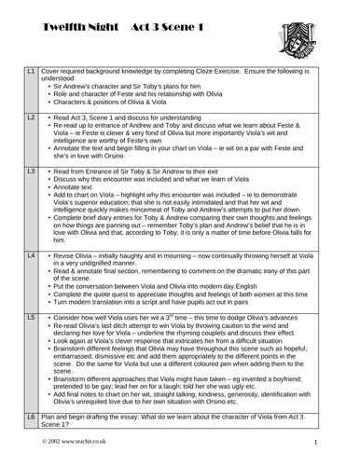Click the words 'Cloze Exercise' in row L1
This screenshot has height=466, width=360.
240,71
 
